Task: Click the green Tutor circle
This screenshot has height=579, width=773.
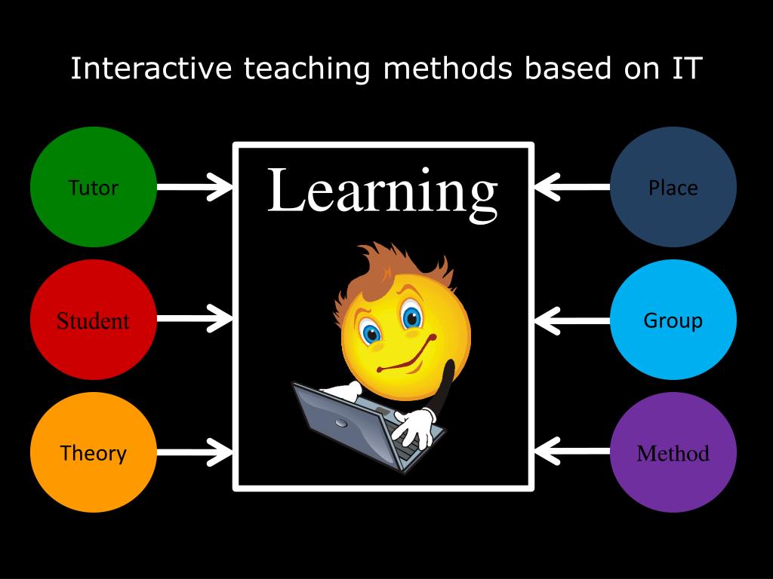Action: [x=94, y=187]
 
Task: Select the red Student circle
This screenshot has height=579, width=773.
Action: [x=94, y=320]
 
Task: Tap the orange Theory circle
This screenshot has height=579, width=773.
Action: [x=94, y=453]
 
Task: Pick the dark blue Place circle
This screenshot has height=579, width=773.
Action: [x=673, y=187]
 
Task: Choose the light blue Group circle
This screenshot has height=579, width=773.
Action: [x=673, y=320]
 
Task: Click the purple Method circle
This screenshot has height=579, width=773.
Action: [x=673, y=453]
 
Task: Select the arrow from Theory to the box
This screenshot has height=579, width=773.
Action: [x=195, y=453]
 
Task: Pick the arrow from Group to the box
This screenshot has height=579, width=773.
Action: [x=571, y=320]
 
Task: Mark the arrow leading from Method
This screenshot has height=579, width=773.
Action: [x=571, y=453]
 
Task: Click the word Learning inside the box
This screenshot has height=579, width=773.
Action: [x=382, y=192]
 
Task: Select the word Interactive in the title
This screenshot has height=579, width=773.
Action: [x=152, y=69]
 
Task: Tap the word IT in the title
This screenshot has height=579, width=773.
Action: [x=683, y=69]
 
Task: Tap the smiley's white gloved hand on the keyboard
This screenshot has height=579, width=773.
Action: [x=415, y=426]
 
